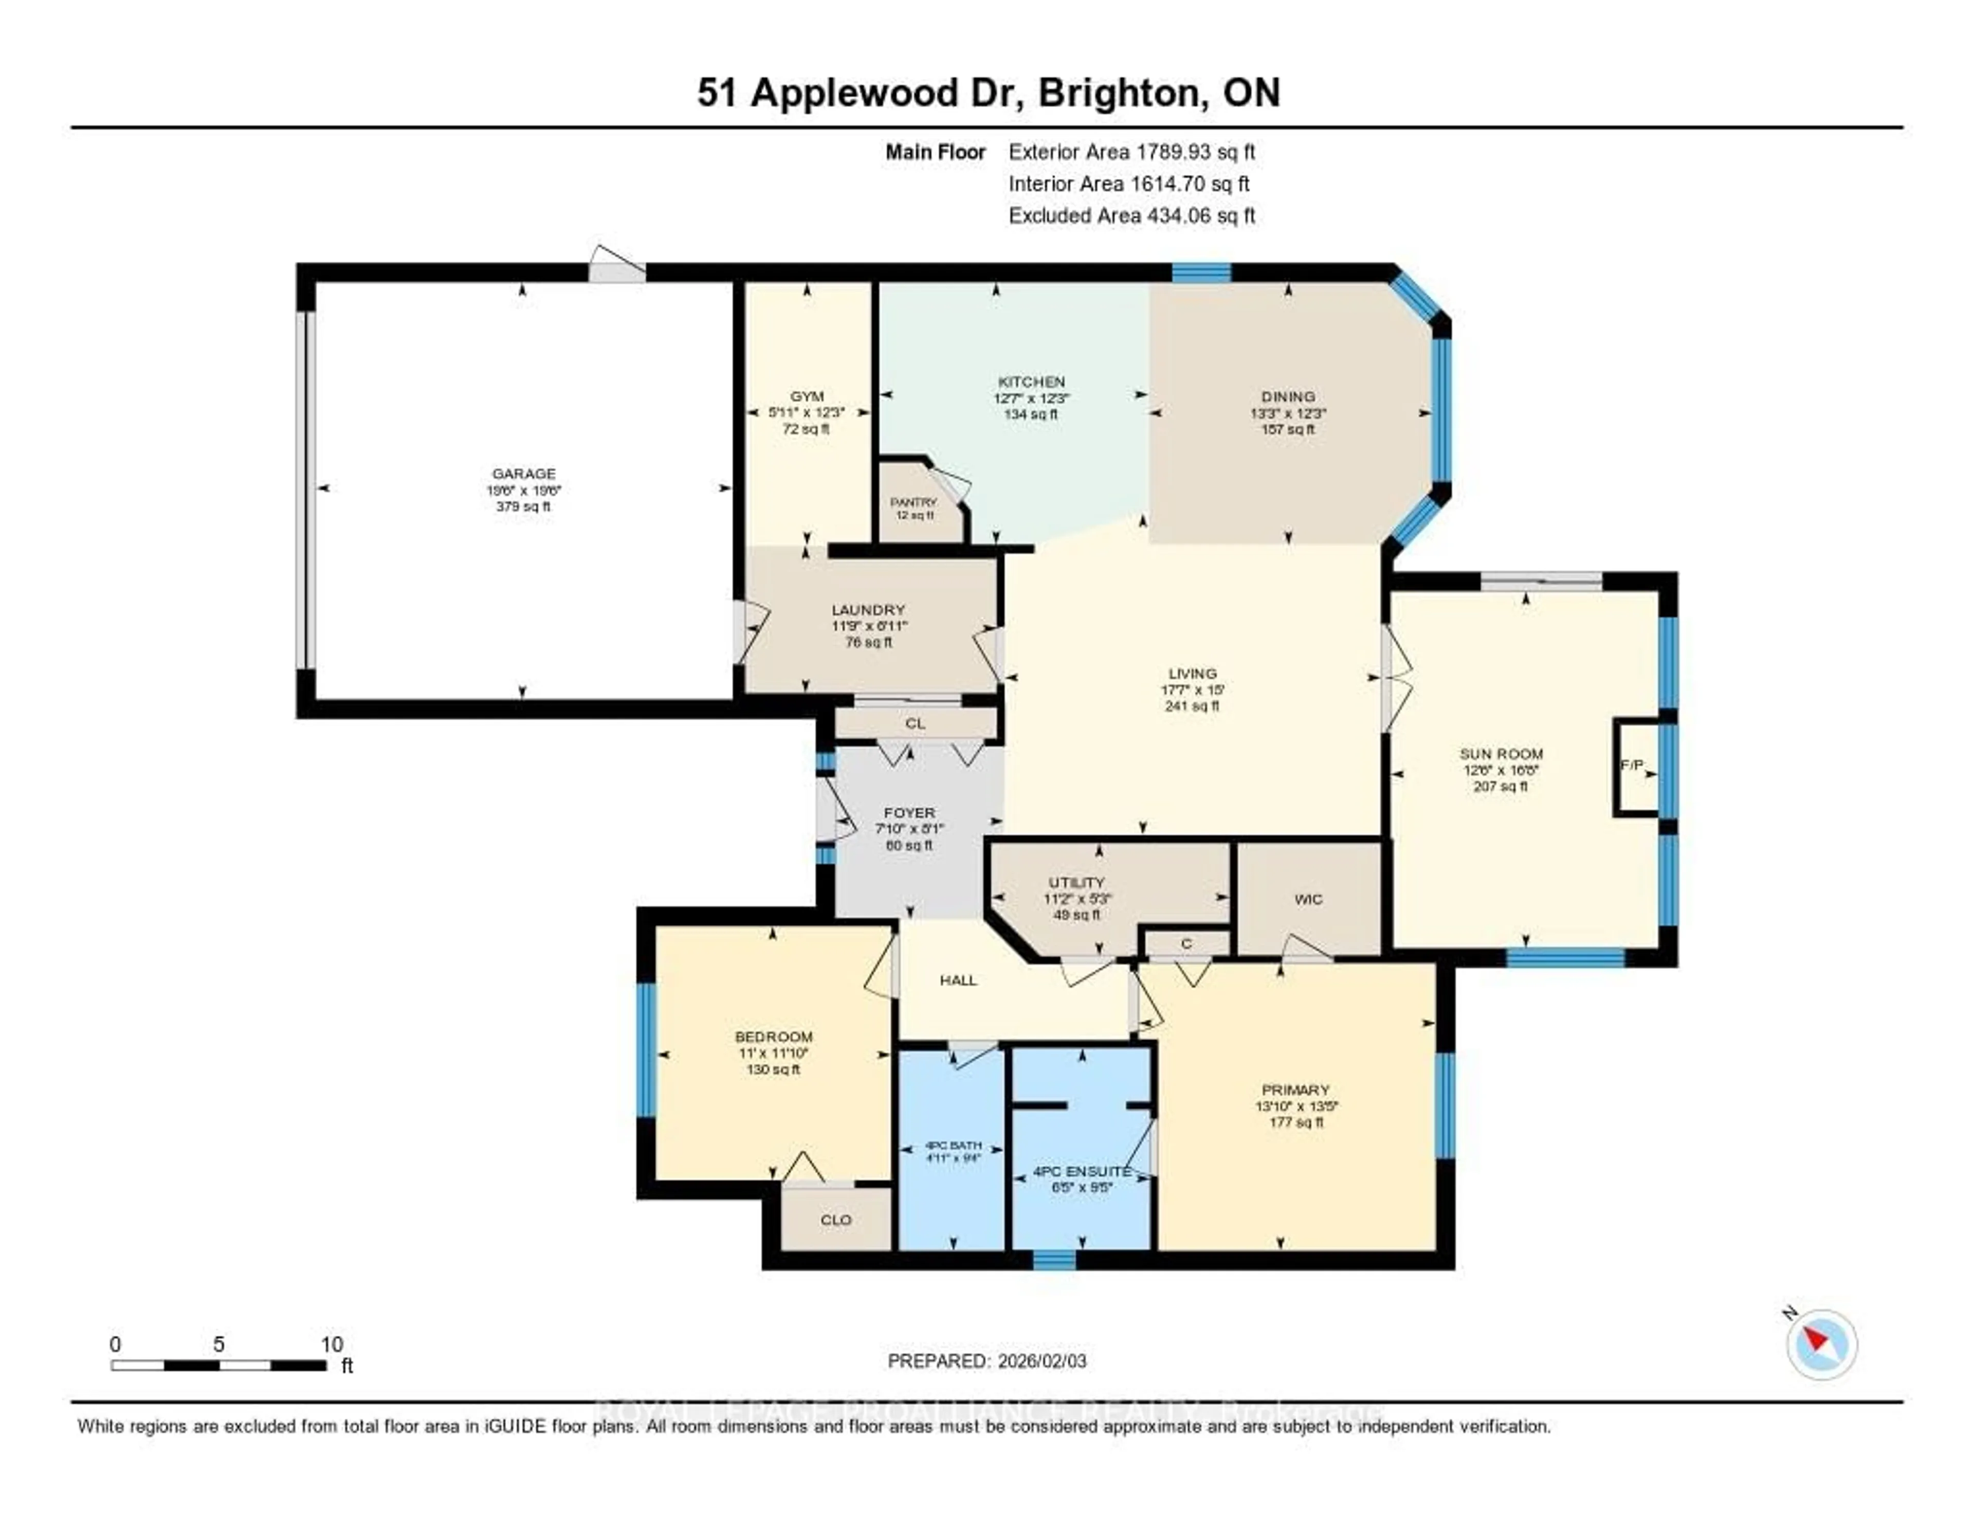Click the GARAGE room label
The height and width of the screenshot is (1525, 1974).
pyautogui.click(x=523, y=474)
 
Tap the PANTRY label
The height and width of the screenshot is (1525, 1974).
pyautogui.click(x=914, y=502)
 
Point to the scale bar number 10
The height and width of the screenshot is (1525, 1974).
pyautogui.click(x=332, y=1344)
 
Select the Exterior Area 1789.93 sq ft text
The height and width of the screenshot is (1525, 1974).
pyautogui.click(x=1131, y=152)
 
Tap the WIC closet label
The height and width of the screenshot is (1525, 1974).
pyautogui.click(x=1308, y=899)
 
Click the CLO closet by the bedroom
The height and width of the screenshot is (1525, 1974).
pyautogui.click(x=835, y=1220)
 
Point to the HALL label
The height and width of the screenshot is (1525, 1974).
pyautogui.click(x=958, y=980)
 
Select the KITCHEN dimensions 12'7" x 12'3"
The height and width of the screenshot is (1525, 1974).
pyautogui.click(x=1031, y=398)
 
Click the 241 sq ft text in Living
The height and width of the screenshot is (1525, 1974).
pyautogui.click(x=1192, y=706)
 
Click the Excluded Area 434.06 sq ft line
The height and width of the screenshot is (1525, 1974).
pyautogui.click(x=1131, y=215)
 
